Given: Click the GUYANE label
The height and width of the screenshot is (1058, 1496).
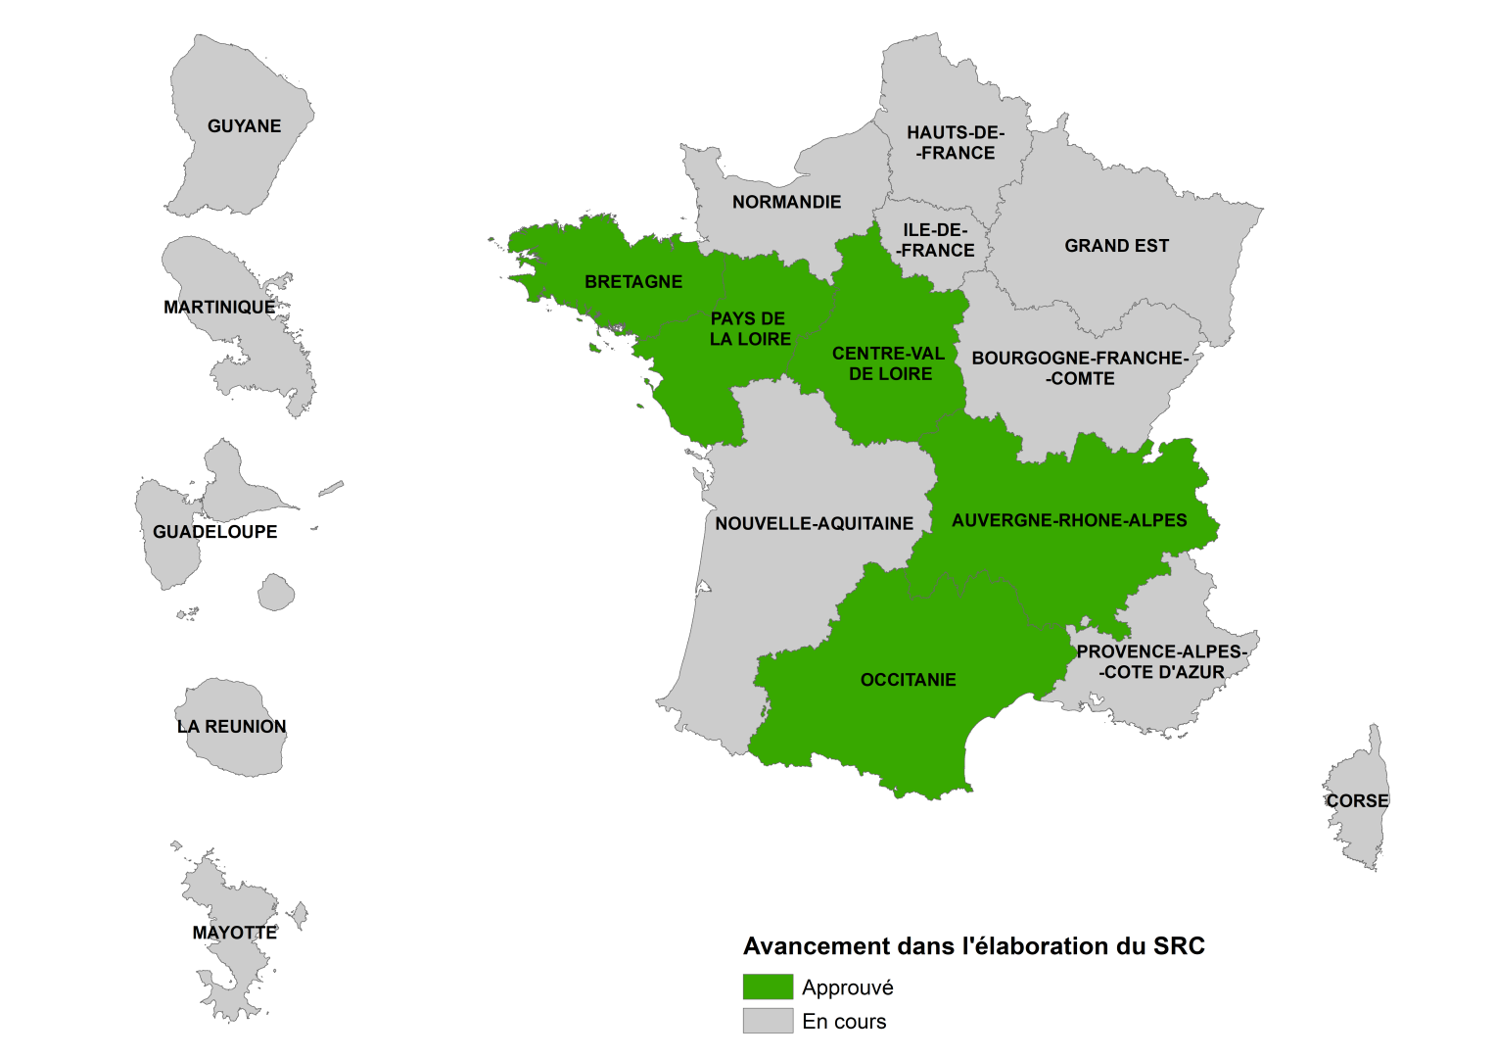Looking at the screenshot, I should point(244,126).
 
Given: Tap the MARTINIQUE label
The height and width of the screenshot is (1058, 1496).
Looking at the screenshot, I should point(219,308).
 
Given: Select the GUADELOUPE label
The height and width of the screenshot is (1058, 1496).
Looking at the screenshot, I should point(215,532).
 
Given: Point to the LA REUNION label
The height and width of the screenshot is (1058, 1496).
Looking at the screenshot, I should point(232,727).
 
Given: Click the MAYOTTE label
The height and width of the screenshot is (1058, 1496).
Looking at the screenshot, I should point(235,933).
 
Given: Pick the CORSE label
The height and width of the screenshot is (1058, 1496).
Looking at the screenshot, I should point(1357,801).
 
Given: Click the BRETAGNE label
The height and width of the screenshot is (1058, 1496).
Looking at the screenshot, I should point(633,282).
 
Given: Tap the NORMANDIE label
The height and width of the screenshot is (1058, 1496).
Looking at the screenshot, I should point(787,202).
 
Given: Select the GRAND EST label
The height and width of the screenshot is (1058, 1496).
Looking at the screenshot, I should point(1117,246).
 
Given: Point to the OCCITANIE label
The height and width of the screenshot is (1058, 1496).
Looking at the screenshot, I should point(908,680).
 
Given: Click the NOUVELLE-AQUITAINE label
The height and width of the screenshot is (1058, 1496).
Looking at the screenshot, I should point(815,524).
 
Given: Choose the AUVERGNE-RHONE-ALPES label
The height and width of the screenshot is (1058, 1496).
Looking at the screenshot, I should point(1069,520).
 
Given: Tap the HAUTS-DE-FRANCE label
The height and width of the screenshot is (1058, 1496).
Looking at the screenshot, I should point(956,143).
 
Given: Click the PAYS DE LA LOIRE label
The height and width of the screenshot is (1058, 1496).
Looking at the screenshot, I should point(749,329).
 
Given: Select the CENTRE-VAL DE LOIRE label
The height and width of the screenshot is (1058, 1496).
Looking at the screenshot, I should point(889,363).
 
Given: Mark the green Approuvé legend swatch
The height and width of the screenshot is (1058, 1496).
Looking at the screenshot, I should point(768,986).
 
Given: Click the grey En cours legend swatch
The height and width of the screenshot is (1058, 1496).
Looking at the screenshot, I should point(768,1021).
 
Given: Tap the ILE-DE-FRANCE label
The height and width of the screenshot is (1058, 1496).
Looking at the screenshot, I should point(935,240).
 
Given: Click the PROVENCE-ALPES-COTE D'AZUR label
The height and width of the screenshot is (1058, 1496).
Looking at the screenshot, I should point(1161,662).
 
